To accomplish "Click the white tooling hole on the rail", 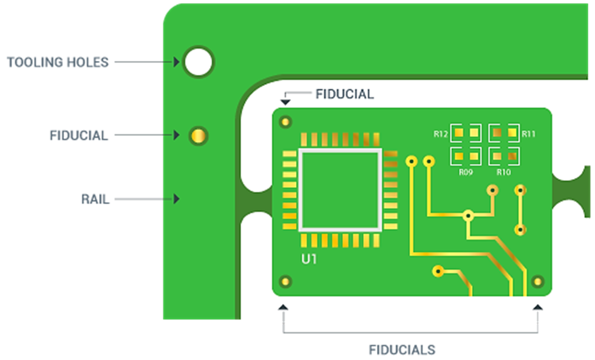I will [x=198, y=62].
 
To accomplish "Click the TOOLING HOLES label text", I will [x=58, y=62].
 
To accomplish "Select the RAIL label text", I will [x=95, y=199].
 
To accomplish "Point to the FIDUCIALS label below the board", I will [x=402, y=350].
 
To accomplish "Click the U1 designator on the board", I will [x=309, y=259].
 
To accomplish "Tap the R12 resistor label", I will [x=441, y=133].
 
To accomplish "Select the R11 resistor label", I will [x=529, y=133].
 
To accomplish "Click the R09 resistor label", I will [x=466, y=172].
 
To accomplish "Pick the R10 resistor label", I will [x=504, y=172].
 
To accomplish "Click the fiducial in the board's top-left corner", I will [x=284, y=122].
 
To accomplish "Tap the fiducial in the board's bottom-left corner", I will [x=284, y=281].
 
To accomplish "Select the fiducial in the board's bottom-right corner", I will [x=537, y=281].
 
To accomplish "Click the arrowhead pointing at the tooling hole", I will [x=177, y=62].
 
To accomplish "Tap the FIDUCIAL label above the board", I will [x=344, y=94].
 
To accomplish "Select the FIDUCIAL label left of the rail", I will [x=79, y=135].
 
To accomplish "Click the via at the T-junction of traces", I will [x=468, y=215].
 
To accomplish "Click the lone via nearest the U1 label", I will [x=438, y=270].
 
